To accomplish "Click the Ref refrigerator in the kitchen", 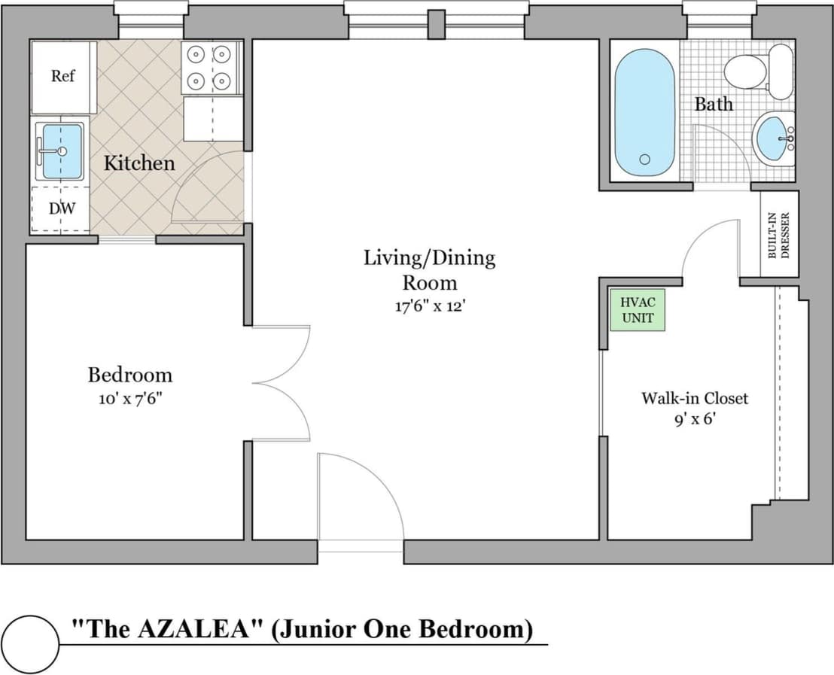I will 63,76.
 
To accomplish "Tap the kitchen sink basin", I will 61,151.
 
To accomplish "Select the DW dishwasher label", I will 62,208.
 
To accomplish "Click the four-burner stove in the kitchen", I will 211,68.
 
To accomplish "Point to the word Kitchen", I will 138,163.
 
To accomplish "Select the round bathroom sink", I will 773,138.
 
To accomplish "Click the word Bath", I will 713,104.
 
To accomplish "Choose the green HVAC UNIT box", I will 638,310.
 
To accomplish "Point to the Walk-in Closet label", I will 694,398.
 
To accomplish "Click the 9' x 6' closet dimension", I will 694,420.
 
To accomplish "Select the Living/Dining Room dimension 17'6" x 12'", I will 430,307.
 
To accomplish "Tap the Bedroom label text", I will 130,374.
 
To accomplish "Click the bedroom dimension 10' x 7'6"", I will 130,398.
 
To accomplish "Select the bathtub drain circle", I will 644,160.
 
